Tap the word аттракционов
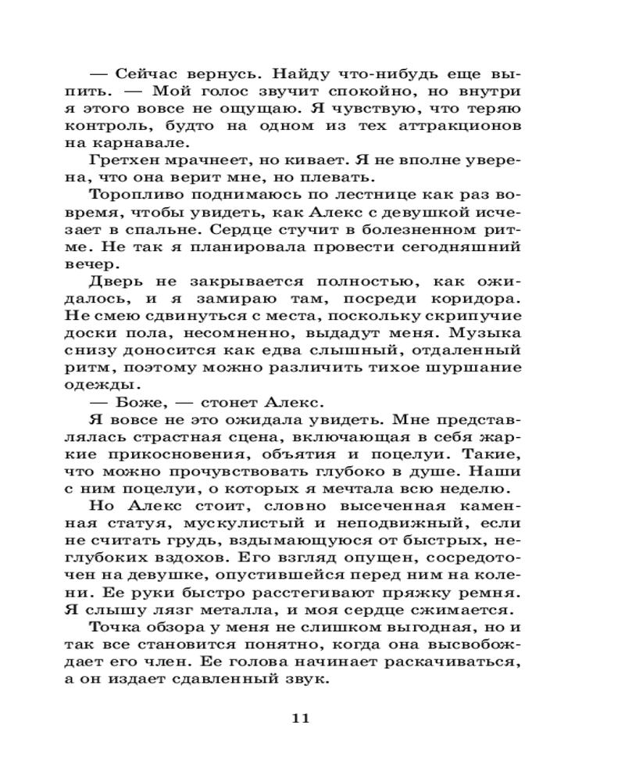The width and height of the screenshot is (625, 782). pyautogui.click(x=468, y=125)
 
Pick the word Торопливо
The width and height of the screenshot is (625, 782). pyautogui.click(x=128, y=195)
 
